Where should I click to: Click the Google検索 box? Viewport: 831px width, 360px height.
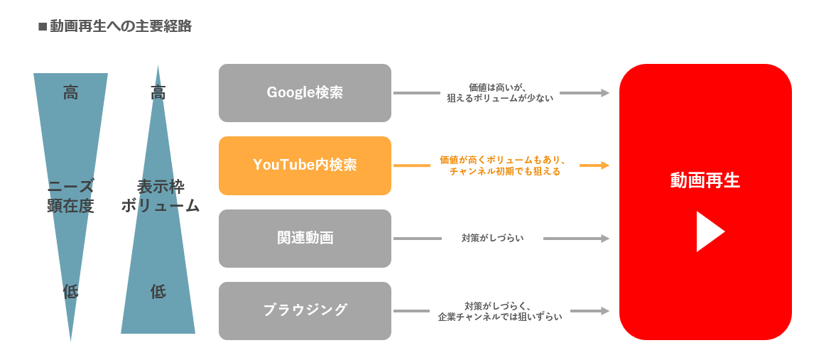[305, 93]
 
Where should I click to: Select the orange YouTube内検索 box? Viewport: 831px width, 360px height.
[305, 165]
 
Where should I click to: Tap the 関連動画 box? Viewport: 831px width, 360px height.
[305, 239]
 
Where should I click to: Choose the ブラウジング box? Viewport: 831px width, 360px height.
[305, 311]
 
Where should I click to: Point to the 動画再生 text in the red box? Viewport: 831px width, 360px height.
[705, 181]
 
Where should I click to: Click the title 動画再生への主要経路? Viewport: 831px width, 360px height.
[121, 27]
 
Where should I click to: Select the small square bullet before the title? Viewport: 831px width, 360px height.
[43, 27]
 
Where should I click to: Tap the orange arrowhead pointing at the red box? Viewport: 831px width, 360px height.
[604, 165]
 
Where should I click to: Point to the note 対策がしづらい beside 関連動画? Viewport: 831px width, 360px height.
[492, 239]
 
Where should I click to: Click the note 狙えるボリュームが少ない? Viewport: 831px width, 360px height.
[500, 98]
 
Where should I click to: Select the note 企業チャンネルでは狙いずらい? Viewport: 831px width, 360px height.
[500, 317]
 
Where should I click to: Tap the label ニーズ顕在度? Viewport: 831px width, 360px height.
[70, 196]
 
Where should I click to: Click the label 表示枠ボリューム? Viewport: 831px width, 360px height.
[160, 196]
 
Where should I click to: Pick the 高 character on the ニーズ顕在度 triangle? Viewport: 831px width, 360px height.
[70, 93]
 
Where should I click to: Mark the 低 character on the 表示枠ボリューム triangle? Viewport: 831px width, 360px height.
[158, 291]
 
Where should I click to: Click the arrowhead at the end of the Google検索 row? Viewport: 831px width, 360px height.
[604, 93]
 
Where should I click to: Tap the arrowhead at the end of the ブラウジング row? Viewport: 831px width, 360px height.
[604, 311]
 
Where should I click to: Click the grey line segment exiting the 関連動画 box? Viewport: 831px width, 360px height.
[418, 239]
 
